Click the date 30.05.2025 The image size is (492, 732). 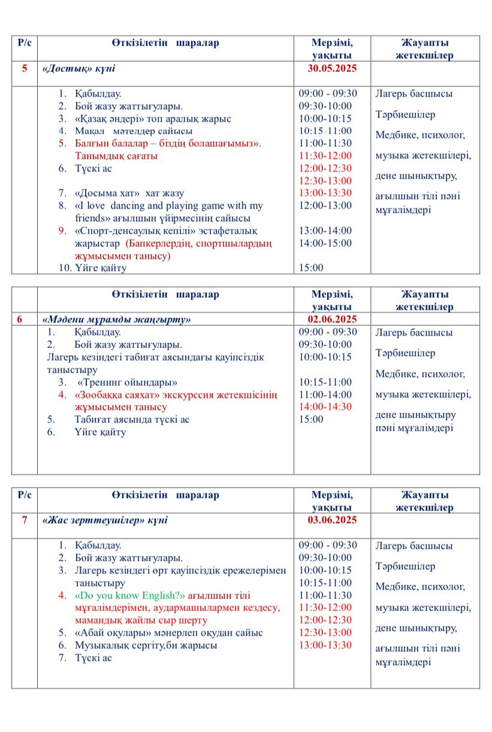tap(332, 68)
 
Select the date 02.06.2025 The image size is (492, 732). tap(332, 319)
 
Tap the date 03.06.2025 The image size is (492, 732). tap(332, 520)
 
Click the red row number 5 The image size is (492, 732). tap(25, 68)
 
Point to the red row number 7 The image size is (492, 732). tap(25, 520)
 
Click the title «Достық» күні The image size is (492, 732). tap(79, 69)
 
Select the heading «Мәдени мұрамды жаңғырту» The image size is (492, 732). tap(116, 320)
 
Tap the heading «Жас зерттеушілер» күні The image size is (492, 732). tap(105, 520)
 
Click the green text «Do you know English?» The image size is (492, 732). tap(130, 595)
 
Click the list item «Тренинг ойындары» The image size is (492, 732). tap(128, 382)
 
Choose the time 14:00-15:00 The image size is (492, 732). tap(325, 243)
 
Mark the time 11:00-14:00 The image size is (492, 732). tap(325, 395)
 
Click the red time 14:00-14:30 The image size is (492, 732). tap(325, 407)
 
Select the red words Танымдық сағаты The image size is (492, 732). tap(116, 156)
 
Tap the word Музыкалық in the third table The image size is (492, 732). tap(99, 645)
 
